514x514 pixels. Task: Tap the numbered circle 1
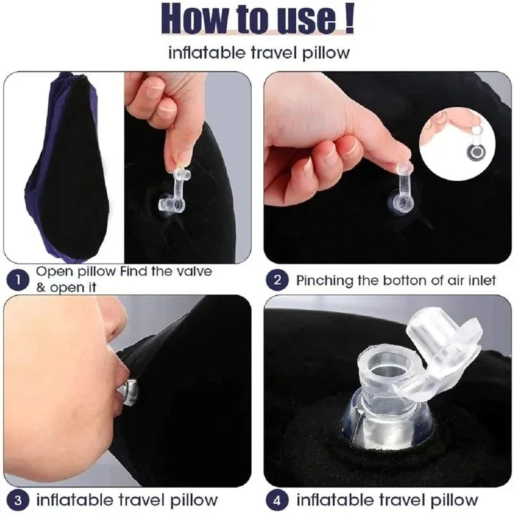coord(19,279)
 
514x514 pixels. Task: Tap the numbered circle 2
coord(277,280)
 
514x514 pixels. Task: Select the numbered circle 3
coord(19,499)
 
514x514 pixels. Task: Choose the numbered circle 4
coord(278,499)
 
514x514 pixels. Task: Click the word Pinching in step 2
coord(323,280)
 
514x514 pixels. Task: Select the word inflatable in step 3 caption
coord(72,499)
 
